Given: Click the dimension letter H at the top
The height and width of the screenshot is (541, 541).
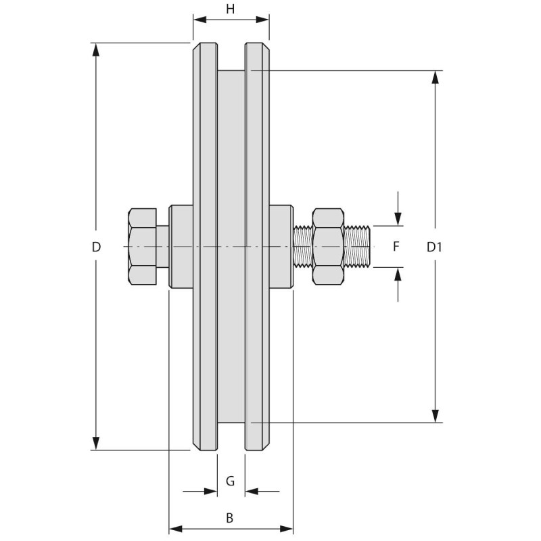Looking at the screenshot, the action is [x=231, y=9].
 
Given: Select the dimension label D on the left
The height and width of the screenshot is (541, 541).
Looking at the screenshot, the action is [x=96, y=247].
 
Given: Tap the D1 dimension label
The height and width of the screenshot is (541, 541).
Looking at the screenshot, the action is [x=434, y=247].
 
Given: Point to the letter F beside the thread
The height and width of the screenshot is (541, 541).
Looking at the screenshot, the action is [x=396, y=246].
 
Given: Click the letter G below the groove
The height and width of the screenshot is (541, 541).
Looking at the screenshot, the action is [x=230, y=481].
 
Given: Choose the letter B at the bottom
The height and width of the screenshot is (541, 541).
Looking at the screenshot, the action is [x=230, y=518].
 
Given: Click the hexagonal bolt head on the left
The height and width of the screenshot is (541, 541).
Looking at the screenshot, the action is [x=142, y=246].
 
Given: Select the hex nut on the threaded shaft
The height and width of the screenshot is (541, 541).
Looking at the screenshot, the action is [x=328, y=246].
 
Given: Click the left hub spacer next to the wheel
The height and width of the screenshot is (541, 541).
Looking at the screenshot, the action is [x=181, y=246].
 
